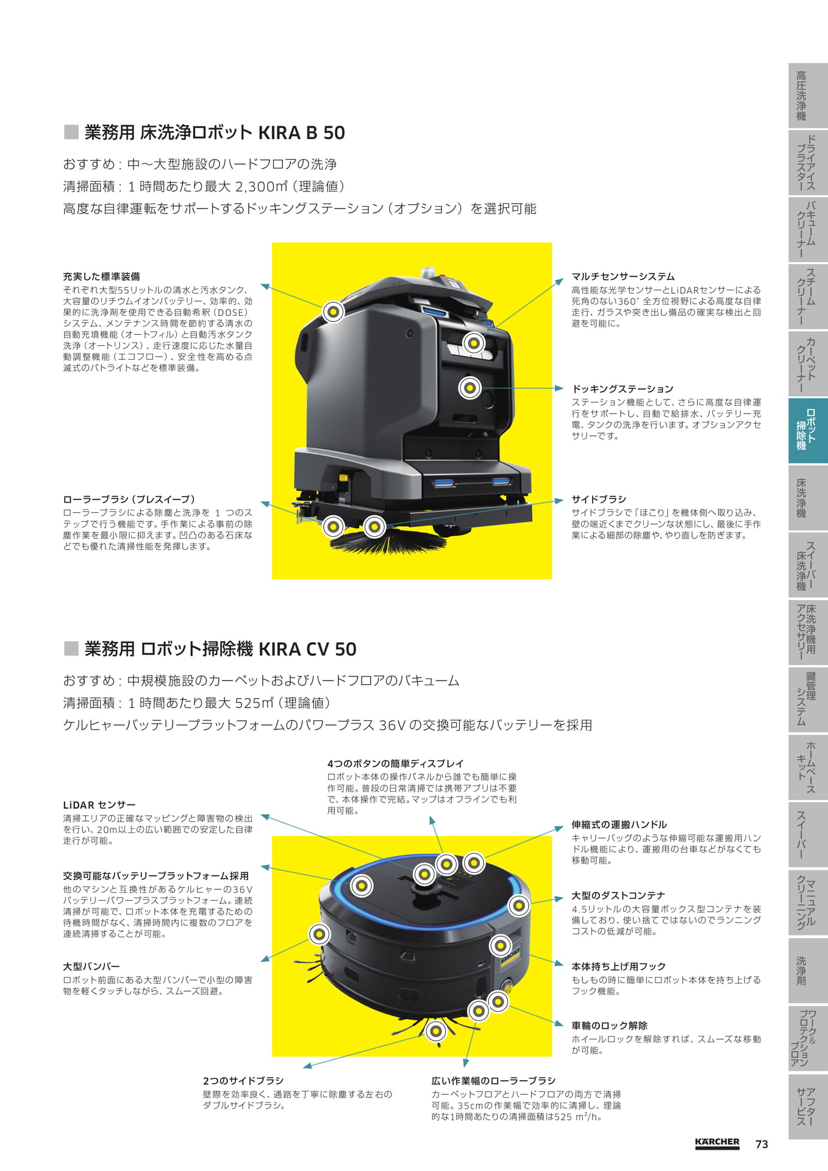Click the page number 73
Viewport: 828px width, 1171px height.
point(762,1144)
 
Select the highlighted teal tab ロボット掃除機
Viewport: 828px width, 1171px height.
point(808,431)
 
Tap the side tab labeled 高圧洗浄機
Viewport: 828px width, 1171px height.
point(808,96)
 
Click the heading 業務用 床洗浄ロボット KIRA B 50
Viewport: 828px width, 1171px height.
point(215,132)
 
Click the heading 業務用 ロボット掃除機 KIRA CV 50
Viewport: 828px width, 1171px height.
point(220,648)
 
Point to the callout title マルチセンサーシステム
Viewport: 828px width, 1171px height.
point(623,276)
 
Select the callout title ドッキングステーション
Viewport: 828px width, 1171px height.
point(623,389)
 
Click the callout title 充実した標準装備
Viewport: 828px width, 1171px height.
point(101,276)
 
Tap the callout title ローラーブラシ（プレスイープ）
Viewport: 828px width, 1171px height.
point(129,499)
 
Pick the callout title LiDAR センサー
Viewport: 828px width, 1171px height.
point(99,804)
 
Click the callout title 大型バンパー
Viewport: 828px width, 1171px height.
point(91,966)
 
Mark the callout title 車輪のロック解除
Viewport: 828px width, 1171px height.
point(609,1025)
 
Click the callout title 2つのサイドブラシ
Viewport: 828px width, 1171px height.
point(243,1080)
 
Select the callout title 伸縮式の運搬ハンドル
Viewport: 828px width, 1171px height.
point(619,824)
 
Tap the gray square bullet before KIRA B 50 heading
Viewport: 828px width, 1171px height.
point(71,132)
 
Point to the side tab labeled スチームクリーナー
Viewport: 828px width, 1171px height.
point(808,296)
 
